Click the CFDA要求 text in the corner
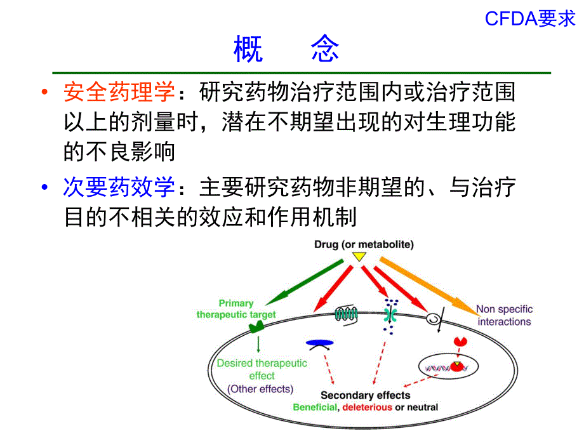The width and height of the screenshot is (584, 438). pos(530,20)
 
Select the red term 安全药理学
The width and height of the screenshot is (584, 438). pos(119,93)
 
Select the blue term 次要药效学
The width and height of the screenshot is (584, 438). pos(119,187)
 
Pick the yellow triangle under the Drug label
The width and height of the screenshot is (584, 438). pos(359,257)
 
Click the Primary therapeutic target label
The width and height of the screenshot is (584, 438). pos(236,309)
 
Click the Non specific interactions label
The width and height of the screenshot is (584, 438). pos(505,315)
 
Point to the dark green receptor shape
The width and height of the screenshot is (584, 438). pos(257,328)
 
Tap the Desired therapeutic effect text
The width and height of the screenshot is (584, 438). pos(262,369)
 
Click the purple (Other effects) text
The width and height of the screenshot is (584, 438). pos(260,389)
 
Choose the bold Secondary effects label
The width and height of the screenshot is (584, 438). pos(365,395)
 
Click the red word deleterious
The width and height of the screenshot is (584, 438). pos(367,408)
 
